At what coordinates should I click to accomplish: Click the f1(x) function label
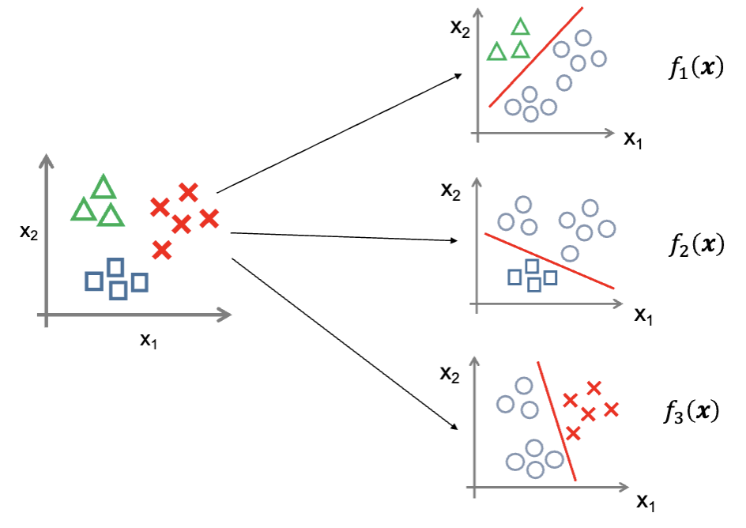pos(695,70)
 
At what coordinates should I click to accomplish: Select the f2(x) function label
pos(695,245)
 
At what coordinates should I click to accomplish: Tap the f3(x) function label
pos(692,413)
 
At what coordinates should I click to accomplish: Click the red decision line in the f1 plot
pos(536,57)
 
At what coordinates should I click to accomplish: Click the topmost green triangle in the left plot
pos(104,188)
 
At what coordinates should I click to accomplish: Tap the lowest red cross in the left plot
pos(161,250)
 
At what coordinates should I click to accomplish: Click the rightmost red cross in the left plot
pos(209,218)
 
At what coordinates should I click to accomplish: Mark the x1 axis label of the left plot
pos(149,340)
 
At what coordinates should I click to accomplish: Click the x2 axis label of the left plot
pos(28,232)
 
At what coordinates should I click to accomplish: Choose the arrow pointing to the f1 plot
pos(340,133)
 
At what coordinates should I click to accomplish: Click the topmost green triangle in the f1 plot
pos(520,28)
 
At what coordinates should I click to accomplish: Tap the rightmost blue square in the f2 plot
pos(551,277)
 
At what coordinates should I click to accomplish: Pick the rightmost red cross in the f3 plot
pos(611,409)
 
